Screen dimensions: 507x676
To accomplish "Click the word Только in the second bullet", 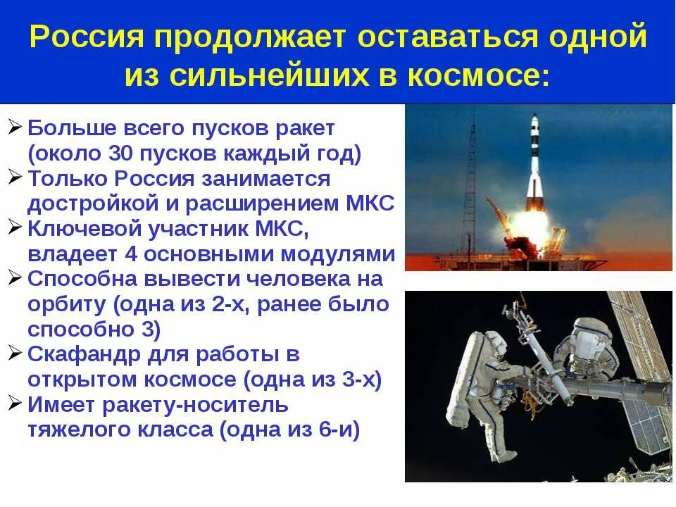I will coord(68,178).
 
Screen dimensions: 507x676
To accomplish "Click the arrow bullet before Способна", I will coord(15,277).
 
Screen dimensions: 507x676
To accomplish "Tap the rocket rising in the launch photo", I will coord(534,162).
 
